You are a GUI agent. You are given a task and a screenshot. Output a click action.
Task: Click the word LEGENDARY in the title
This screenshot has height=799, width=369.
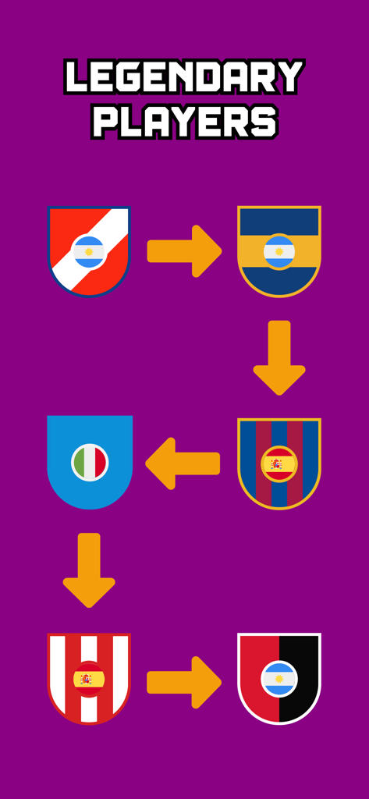[184, 78]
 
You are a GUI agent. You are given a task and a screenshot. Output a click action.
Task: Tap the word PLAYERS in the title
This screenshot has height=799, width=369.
[184, 122]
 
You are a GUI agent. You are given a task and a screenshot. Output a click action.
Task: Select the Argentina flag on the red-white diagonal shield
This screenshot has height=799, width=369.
[89, 252]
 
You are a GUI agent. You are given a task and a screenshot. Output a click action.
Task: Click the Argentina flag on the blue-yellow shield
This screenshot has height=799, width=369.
[279, 252]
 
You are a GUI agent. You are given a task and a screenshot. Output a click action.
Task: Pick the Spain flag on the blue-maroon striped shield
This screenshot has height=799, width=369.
[279, 464]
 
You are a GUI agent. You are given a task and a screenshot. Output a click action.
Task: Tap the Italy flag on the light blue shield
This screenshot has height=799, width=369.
[90, 462]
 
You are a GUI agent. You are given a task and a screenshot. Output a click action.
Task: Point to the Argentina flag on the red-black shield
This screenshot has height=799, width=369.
[279, 679]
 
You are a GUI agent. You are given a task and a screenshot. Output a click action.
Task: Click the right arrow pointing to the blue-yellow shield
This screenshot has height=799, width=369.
[184, 251]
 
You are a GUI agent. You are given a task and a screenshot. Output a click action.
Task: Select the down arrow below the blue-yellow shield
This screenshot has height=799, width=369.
[279, 357]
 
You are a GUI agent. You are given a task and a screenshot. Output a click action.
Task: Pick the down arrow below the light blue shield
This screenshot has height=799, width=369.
[89, 570]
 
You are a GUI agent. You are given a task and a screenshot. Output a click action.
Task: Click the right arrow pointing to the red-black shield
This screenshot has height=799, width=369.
[184, 682]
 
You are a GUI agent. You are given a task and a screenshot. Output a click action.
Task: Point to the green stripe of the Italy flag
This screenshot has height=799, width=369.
[79, 462]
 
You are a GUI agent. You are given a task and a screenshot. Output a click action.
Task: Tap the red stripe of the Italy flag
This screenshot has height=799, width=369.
[101, 462]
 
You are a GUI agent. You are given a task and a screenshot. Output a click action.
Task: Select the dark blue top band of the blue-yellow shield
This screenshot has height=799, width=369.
[279, 220]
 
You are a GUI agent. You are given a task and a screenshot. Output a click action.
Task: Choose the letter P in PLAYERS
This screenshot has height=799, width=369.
[106, 122]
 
